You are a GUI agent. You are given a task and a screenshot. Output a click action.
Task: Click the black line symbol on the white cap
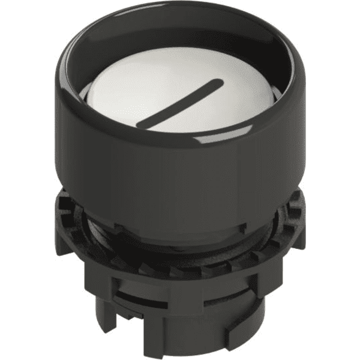pos(180,103)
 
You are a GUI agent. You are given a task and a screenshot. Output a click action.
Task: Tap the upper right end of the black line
pos(220,82)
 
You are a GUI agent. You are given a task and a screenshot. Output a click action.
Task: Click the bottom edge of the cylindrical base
pos(180,351)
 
